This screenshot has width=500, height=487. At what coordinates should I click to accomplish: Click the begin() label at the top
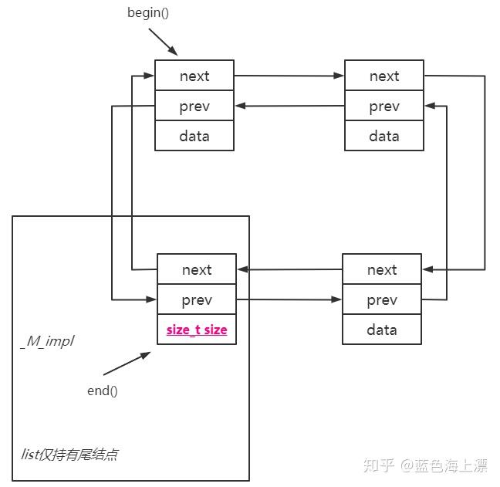(147, 14)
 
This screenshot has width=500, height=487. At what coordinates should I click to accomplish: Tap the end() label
(102, 391)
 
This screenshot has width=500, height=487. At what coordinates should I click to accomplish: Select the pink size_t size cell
(197, 330)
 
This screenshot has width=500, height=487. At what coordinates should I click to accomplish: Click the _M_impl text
(46, 340)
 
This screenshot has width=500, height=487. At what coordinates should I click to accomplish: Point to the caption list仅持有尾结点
(69, 454)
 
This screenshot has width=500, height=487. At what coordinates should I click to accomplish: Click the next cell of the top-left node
(194, 76)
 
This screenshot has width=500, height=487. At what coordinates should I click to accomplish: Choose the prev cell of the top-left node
(194, 106)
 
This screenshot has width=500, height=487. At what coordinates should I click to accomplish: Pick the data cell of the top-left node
(194, 136)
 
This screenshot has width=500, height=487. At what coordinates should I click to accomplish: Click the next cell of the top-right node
(384, 76)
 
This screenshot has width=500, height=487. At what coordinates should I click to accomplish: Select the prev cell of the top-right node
(384, 106)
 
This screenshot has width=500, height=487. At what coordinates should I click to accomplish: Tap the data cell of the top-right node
(384, 136)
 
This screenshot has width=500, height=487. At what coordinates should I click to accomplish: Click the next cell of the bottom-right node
(382, 269)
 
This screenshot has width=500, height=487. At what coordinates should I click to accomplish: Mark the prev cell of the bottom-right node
(382, 299)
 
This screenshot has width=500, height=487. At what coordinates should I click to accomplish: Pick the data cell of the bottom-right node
(382, 330)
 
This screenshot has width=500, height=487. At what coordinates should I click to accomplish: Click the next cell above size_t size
(197, 269)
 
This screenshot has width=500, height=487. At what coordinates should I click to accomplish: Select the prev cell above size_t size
(197, 299)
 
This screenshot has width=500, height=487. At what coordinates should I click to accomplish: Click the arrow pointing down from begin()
(163, 42)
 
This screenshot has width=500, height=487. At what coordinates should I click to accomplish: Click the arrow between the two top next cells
(289, 76)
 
